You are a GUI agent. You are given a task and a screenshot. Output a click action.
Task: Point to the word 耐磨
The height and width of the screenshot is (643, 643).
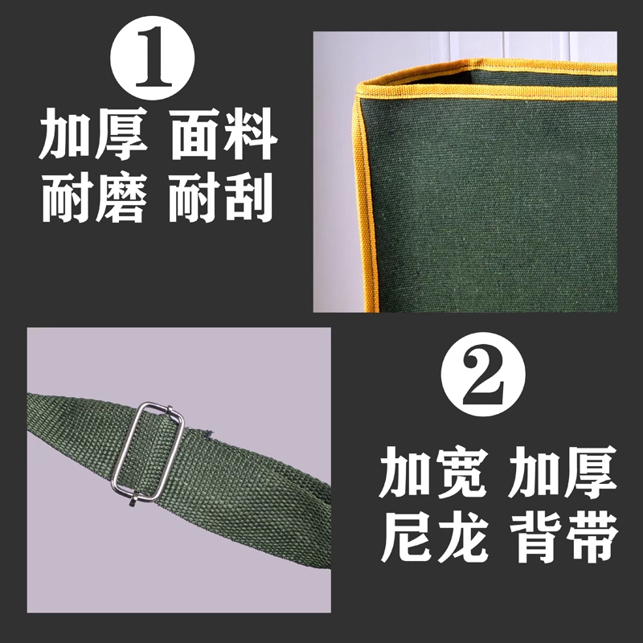click(x=93, y=198)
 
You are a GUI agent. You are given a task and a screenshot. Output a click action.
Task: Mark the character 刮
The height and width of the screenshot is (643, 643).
click(x=251, y=198)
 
